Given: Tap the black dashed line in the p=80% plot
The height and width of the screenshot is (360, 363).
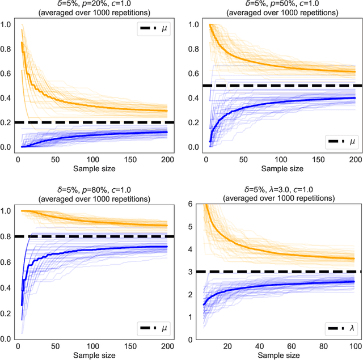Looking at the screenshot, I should pos(91,236).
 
